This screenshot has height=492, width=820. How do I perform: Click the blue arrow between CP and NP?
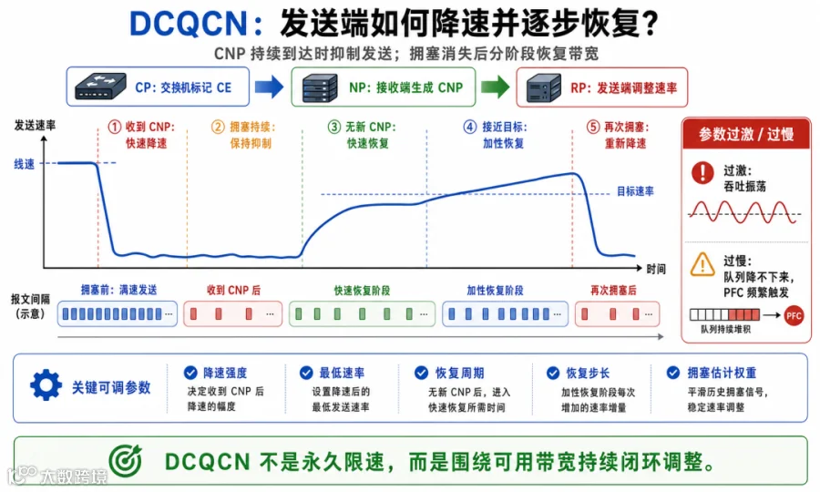pyautogui.click(x=270, y=87)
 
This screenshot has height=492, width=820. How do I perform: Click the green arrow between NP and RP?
pyautogui.click(x=495, y=87)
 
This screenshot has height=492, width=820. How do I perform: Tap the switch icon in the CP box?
pyautogui.click(x=100, y=87)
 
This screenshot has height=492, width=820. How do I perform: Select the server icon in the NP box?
pyautogui.click(x=320, y=87)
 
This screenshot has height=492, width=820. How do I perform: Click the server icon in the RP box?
pyautogui.click(x=544, y=87)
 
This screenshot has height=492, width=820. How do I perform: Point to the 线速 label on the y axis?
pyautogui.click(x=24, y=164)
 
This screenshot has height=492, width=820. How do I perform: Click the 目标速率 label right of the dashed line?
pyautogui.click(x=635, y=191)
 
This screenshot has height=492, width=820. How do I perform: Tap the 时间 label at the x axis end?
pyautogui.click(x=656, y=269)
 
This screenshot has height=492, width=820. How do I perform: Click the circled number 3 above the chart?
pyautogui.click(x=334, y=127)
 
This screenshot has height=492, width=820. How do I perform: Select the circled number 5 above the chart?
pyautogui.click(x=592, y=127)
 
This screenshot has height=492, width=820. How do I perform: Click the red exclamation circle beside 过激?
pyautogui.click(x=702, y=172)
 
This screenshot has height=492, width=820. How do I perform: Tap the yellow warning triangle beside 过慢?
pyautogui.click(x=702, y=264)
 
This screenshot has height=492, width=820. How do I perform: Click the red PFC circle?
pyautogui.click(x=794, y=315)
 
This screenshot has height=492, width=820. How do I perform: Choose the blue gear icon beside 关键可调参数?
pyautogui.click(x=46, y=384)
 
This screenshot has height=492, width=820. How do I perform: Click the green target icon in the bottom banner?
pyautogui.click(x=126, y=461)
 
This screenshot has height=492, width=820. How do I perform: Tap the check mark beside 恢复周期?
pyautogui.click(x=421, y=373)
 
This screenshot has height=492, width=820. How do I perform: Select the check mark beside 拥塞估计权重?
pyautogui.click(x=673, y=373)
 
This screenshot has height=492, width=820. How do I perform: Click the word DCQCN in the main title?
pyautogui.click(x=189, y=24)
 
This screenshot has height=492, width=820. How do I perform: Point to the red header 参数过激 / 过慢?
pyautogui.click(x=746, y=134)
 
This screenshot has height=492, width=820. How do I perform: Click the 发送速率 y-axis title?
pyautogui.click(x=35, y=126)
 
